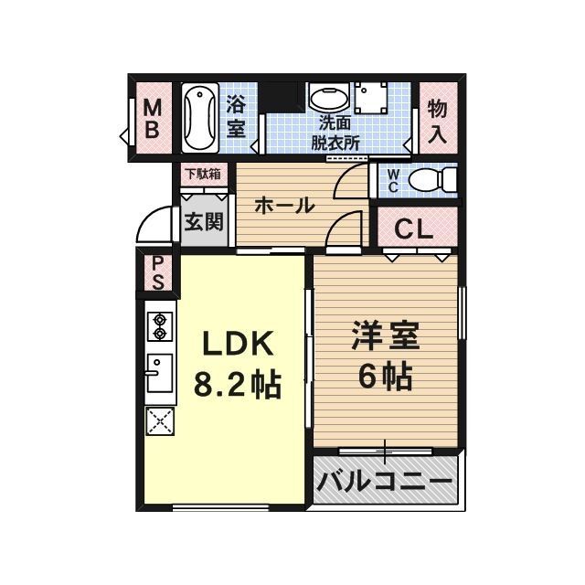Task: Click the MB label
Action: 153,118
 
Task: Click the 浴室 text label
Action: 236,118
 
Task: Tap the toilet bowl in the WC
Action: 429,179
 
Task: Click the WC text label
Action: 391,180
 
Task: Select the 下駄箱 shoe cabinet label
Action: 203,174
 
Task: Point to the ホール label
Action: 284,206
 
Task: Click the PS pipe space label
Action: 157,272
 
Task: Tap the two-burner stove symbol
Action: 158,326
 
